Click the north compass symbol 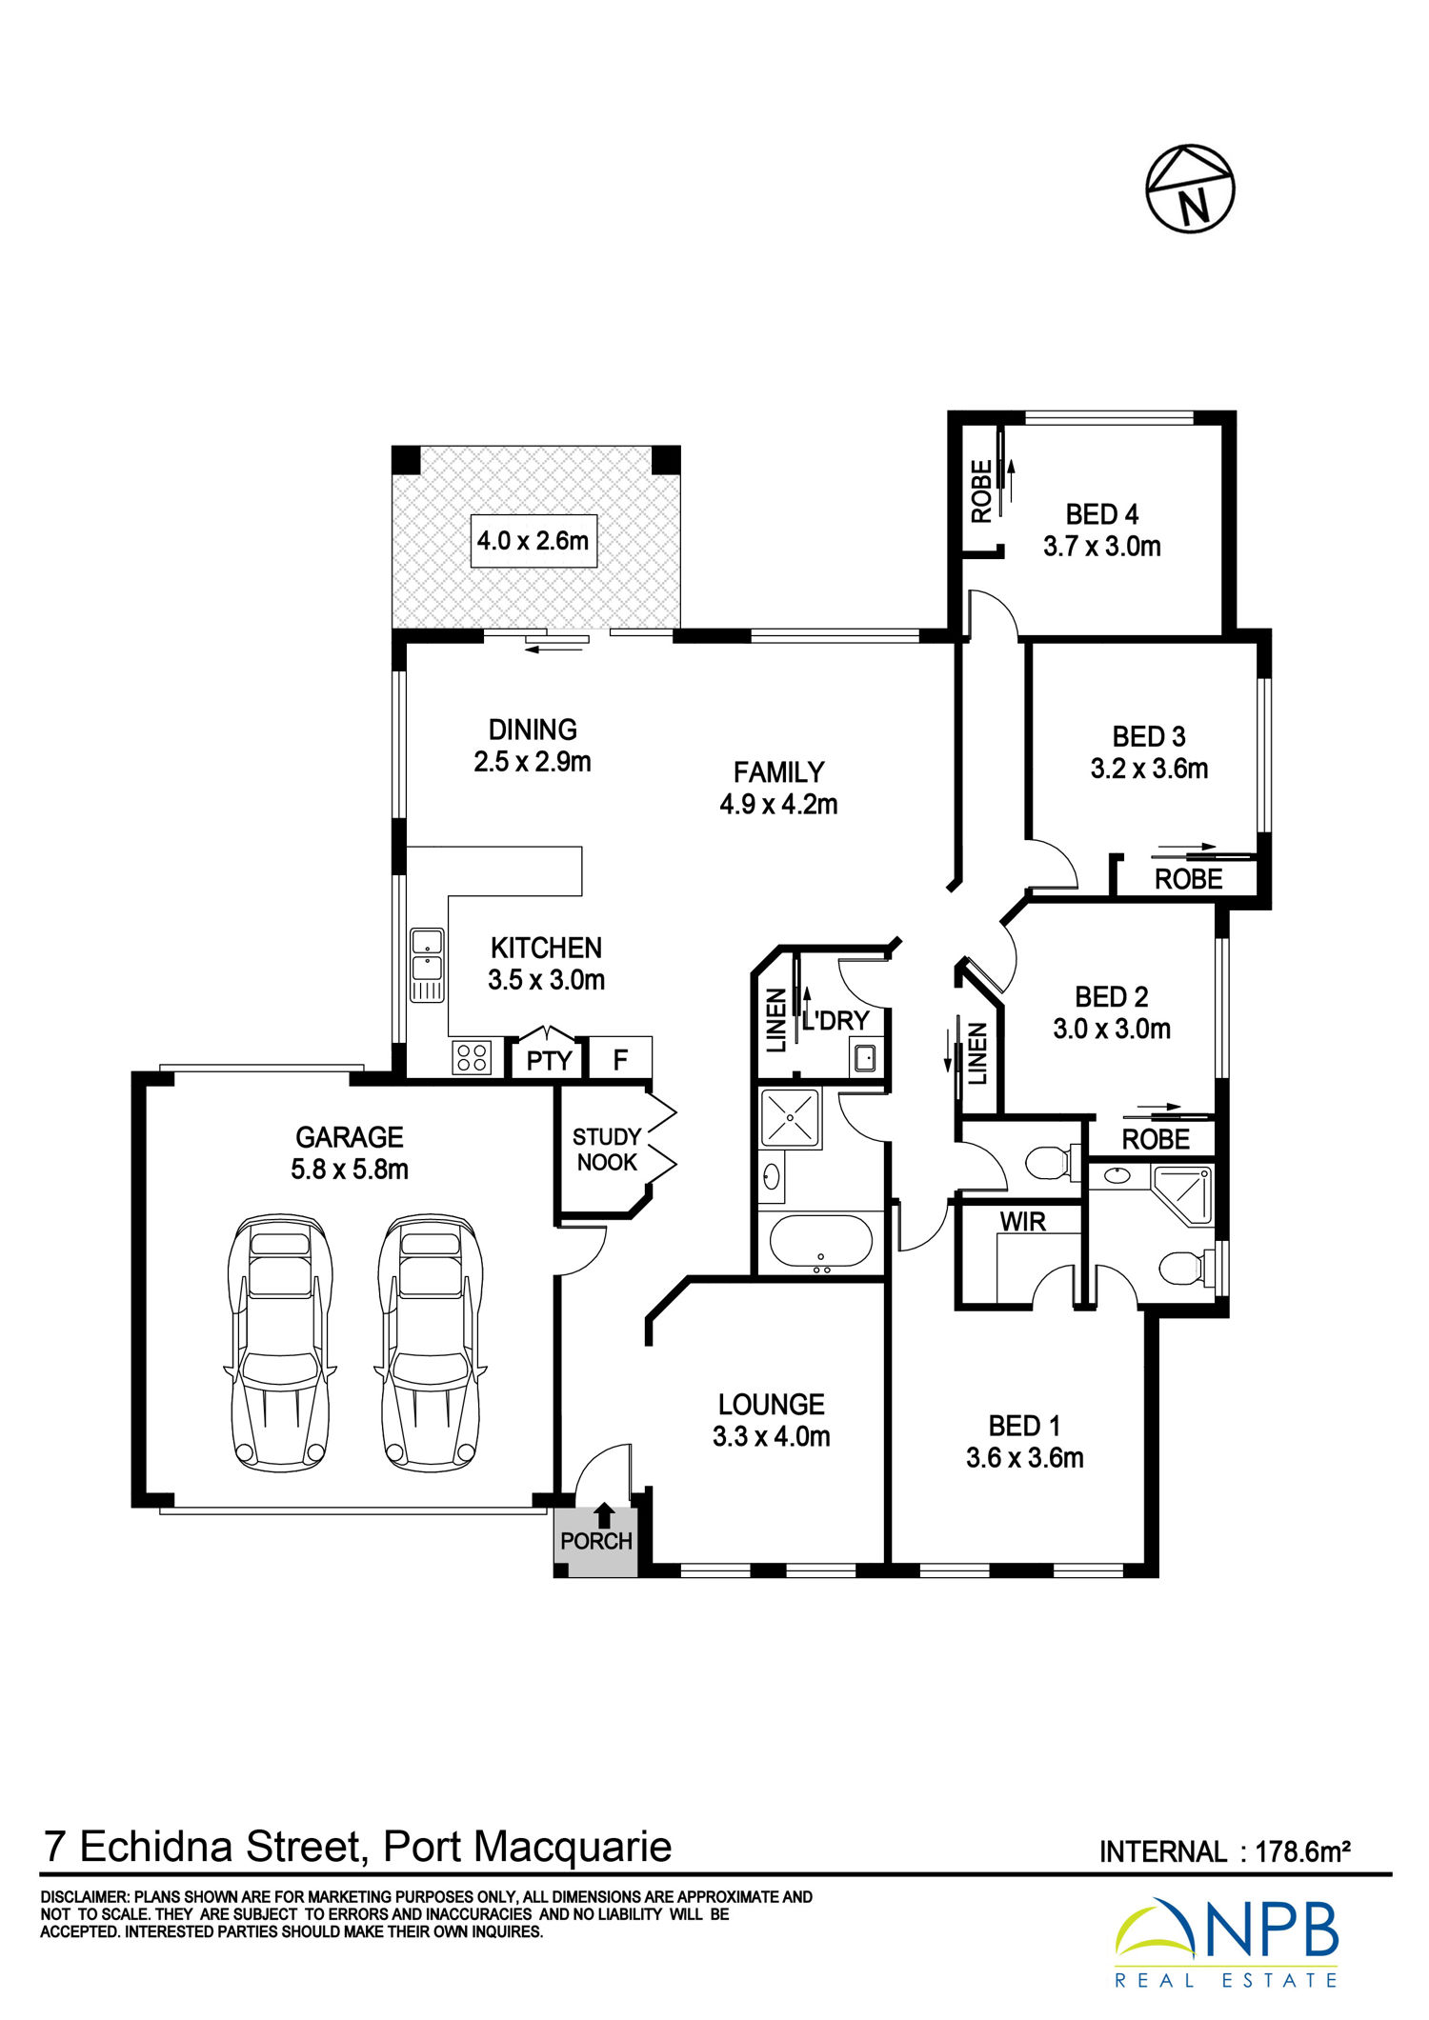point(1190,189)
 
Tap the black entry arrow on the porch point(604,1514)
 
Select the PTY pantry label point(550,1061)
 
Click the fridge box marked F point(620,1058)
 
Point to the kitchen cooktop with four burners point(472,1057)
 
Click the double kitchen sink point(427,966)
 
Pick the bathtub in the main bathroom point(820,1243)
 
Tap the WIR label point(1023,1222)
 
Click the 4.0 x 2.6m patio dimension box point(533,541)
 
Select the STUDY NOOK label point(607,1150)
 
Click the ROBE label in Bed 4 point(981,491)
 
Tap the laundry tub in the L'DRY point(866,1057)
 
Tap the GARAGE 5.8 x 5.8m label point(350,1152)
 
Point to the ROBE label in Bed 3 point(1188,879)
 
